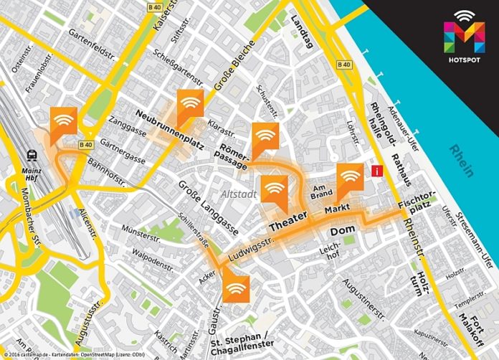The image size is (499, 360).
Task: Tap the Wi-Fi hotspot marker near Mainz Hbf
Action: (x=64, y=120)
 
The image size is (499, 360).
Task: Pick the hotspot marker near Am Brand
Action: (x=350, y=176)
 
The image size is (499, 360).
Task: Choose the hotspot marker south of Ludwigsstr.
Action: (x=235, y=288)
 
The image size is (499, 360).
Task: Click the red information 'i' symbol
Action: (x=376, y=171)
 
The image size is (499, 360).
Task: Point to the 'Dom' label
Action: (x=338, y=232)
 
